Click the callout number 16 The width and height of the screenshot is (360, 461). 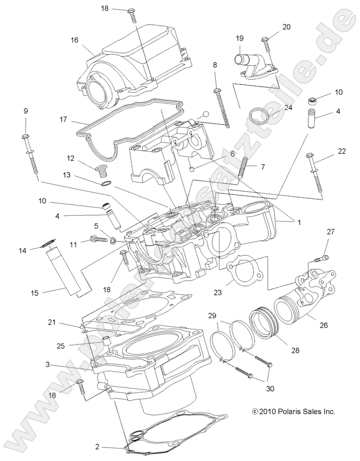click(x=74, y=40)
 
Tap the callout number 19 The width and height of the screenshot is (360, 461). click(x=239, y=38)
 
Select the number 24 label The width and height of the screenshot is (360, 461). click(x=288, y=107)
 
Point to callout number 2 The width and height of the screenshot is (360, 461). click(x=97, y=446)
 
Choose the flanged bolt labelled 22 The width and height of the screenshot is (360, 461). click(x=314, y=173)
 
